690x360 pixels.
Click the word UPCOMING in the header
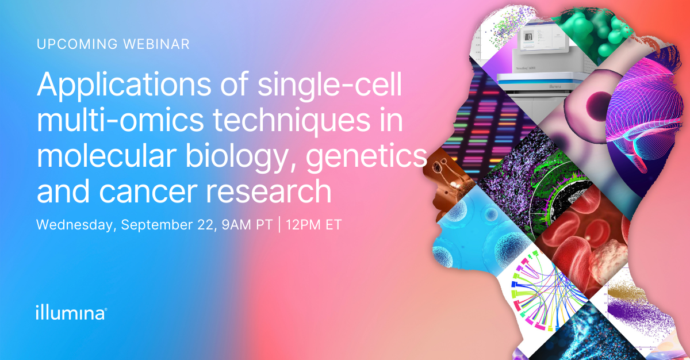pos(77,44)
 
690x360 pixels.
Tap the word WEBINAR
pos(156,44)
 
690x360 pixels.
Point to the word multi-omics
pos(120,121)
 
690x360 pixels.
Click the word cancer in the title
pos(148,192)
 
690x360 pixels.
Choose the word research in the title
pos(269,192)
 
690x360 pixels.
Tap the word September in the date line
pos(157,225)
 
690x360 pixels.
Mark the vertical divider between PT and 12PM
pos(279,225)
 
